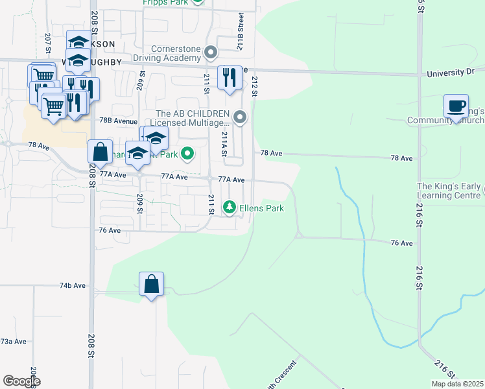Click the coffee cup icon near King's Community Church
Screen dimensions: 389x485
coord(456,106)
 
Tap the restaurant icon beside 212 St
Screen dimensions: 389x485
coord(230,78)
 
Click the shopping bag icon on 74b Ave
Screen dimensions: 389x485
coord(151,284)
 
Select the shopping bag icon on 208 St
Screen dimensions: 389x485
coord(101,152)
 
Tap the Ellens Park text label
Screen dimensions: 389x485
coord(262,209)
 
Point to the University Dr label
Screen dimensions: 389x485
coord(451,74)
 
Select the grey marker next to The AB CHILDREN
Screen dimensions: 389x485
coord(241,117)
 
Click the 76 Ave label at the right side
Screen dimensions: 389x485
coord(402,243)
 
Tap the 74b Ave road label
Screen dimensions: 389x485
coord(73,285)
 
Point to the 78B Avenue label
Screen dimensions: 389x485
coord(119,121)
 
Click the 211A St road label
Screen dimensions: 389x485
coord(224,144)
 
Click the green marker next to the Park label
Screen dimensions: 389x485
coord(187,154)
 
